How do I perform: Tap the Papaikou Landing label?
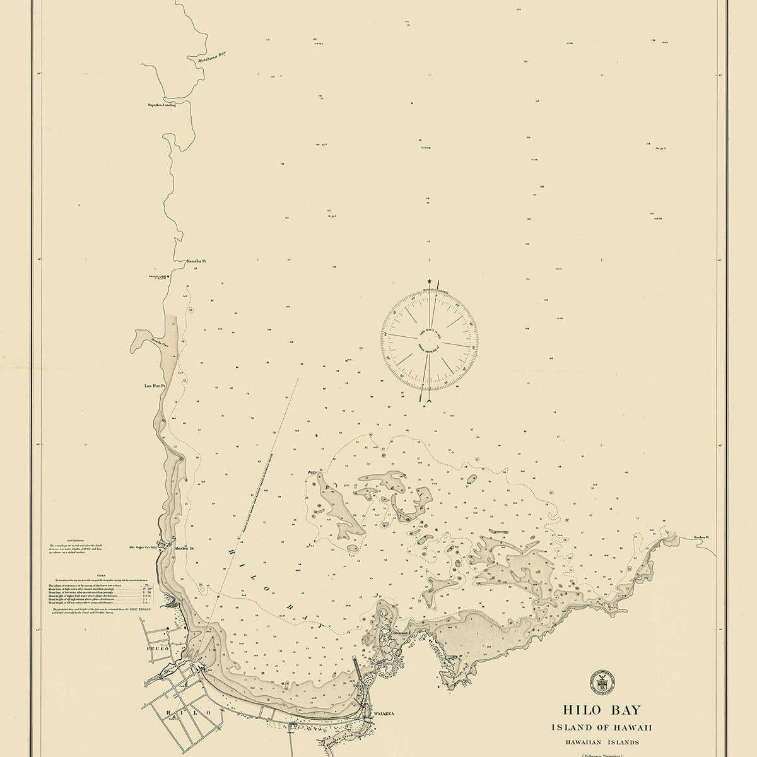point(161,105)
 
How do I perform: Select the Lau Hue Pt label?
point(155,384)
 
